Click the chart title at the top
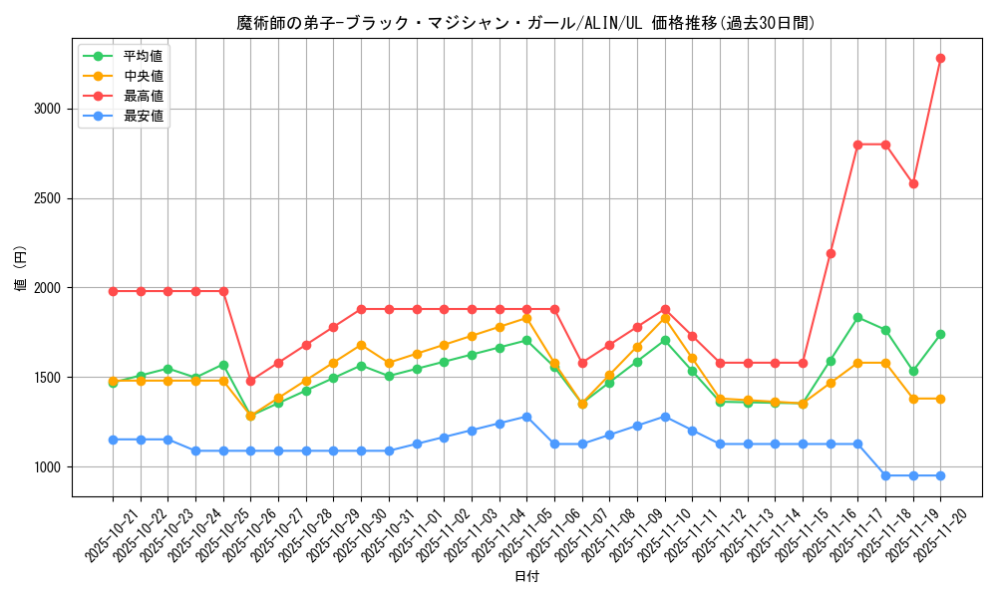[x=525, y=23]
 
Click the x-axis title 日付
[x=526, y=577]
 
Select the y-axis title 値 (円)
[x=21, y=268]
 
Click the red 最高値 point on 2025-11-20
[x=940, y=58]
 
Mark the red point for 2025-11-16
[x=831, y=253]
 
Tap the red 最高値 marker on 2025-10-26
[x=250, y=381]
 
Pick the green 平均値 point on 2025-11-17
[x=857, y=317]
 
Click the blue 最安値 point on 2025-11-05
[x=526, y=417]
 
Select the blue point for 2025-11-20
[x=940, y=475]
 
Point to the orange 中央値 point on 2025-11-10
[x=665, y=317]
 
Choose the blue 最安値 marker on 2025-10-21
[x=113, y=440]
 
